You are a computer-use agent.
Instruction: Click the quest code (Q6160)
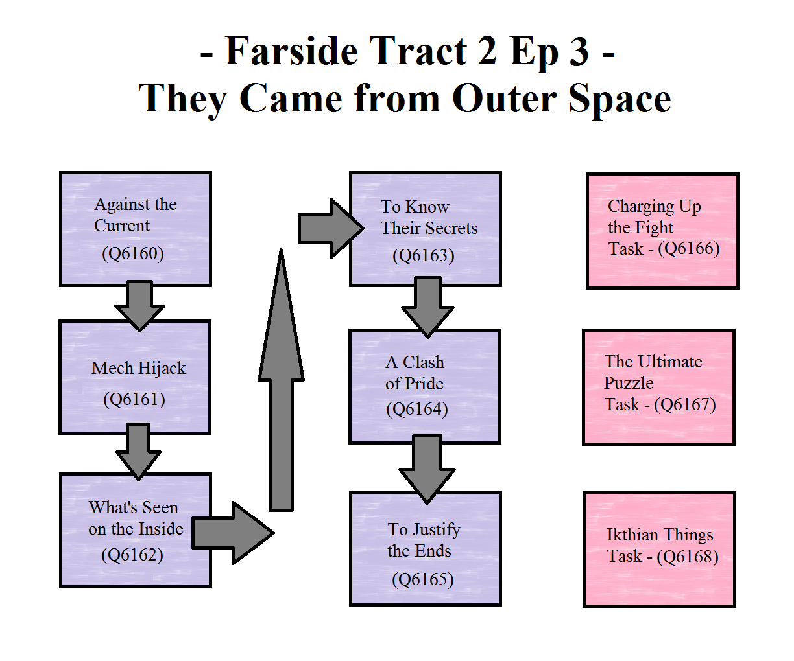[133, 253]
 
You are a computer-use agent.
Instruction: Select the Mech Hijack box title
[138, 368]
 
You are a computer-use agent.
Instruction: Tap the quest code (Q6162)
[132, 555]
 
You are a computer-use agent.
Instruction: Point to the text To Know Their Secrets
[429, 217]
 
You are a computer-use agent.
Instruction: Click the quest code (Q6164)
[416, 409]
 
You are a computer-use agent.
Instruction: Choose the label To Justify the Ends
[424, 540]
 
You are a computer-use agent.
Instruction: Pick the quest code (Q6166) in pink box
[689, 249]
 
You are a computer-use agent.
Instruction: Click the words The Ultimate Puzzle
[653, 372]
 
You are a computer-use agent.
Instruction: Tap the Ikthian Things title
[659, 535]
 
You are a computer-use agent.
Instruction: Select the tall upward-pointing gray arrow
[281, 380]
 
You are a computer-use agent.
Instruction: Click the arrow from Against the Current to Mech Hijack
[139, 306]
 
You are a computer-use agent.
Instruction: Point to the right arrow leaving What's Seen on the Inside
[233, 533]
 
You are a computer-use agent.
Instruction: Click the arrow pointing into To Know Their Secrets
[331, 228]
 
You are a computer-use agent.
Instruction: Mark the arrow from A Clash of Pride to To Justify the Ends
[427, 470]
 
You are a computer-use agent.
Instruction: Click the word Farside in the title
[291, 51]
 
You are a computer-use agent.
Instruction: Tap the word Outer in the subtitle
[504, 99]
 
